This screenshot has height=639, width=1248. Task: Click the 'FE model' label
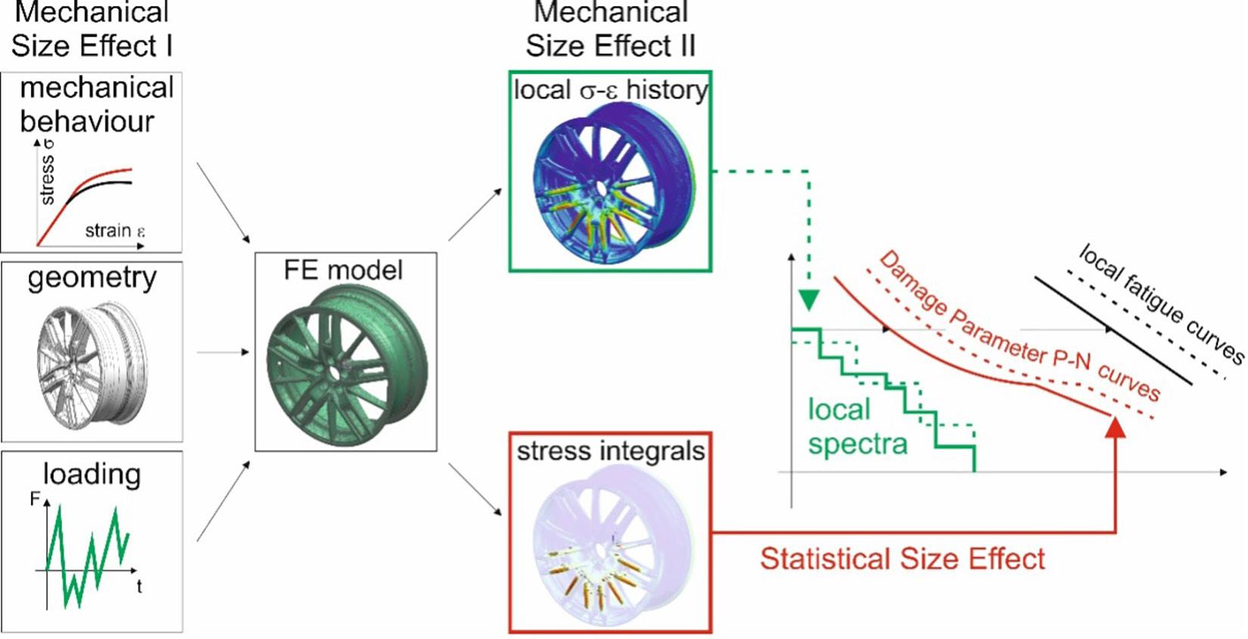(x=343, y=270)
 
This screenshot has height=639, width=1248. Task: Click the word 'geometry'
(x=92, y=278)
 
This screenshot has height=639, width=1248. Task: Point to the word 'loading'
(x=92, y=474)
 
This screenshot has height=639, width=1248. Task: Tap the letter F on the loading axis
(x=35, y=500)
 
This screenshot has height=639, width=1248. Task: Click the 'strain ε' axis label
(x=114, y=231)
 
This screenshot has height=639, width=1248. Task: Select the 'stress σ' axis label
(x=46, y=174)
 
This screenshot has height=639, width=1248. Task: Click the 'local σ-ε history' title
(x=610, y=90)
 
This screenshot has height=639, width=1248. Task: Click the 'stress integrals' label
(x=610, y=451)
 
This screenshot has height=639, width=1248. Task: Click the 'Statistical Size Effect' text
(x=902, y=559)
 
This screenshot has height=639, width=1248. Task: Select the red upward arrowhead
(x=1115, y=427)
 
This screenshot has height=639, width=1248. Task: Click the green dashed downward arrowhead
(x=809, y=300)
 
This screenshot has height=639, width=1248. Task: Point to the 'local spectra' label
(x=856, y=427)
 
